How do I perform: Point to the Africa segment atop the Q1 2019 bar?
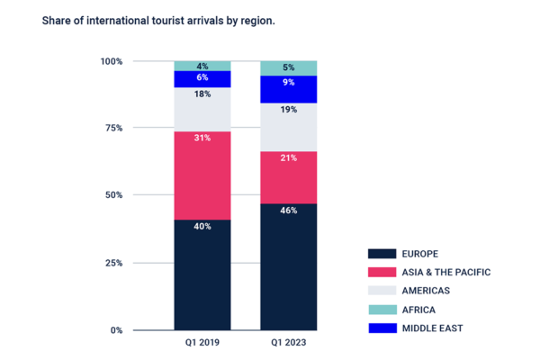202,65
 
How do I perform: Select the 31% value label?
202,138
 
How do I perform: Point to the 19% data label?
289,110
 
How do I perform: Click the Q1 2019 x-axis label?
202,343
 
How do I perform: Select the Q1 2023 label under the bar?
289,343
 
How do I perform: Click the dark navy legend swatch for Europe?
382,254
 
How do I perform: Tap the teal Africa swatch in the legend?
382,310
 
